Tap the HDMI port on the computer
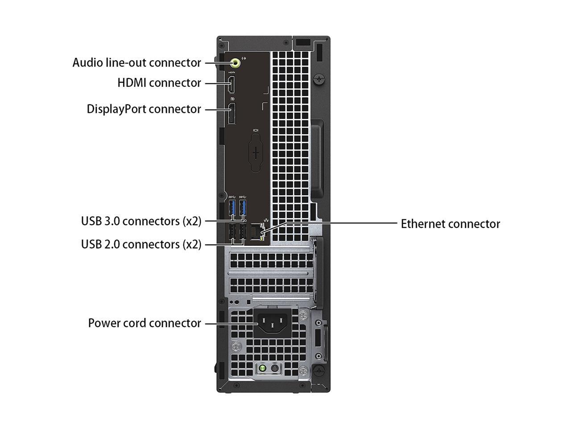232,83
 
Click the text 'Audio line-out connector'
137,62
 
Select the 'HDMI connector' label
159,83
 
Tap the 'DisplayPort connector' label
144,109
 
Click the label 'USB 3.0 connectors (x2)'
141,221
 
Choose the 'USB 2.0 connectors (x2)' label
141,244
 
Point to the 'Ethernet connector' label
450,224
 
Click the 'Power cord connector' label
145,323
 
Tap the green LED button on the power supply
263,369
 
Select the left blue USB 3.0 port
232,209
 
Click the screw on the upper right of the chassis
320,79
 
